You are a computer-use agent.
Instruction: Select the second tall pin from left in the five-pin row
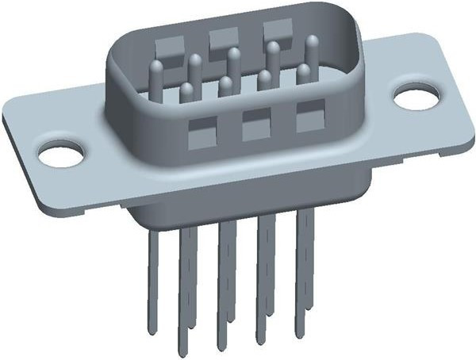click(195, 70)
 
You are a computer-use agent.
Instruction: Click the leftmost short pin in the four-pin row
click(187, 95)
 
